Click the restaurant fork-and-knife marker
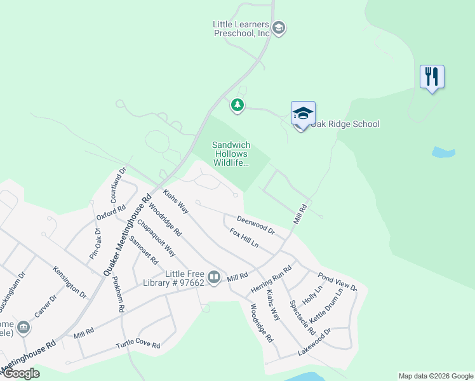coord(432,77)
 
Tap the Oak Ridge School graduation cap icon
coord(303,114)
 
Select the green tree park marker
coord(237,105)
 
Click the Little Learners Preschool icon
coord(278,28)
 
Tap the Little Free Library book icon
coord(215,277)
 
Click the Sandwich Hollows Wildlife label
coord(230,154)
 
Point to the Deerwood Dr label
coord(255,225)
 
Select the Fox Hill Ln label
coord(244,238)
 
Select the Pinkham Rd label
coord(118,293)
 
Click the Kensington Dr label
coord(70,282)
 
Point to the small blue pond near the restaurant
coord(443,152)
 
